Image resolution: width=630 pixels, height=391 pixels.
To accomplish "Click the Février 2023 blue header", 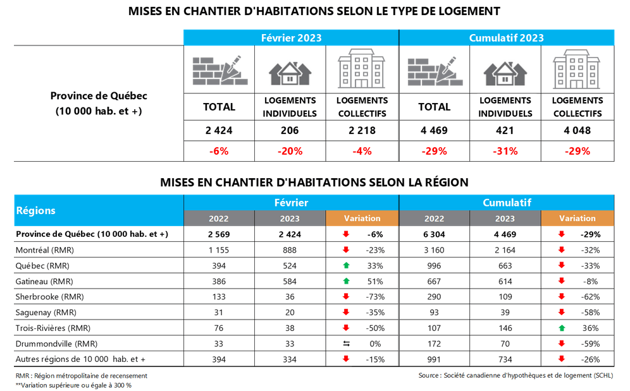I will click(291, 38).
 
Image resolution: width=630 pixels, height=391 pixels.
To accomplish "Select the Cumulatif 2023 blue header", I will click(506, 38).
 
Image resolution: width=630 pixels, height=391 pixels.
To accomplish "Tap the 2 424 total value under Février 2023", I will click(219, 131).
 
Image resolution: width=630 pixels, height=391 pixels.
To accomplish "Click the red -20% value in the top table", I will click(290, 151).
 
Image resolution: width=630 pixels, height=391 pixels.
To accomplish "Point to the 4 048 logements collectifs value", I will click(577, 131).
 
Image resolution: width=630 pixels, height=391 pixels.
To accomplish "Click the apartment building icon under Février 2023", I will click(362, 71).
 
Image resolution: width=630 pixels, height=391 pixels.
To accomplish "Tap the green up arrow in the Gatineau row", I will click(346, 281).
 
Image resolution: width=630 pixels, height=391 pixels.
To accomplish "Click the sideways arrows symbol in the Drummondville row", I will click(346, 344).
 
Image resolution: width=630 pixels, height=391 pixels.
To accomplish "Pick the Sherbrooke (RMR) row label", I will click(49, 297).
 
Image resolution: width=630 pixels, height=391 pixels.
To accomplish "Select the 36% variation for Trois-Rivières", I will click(591, 328).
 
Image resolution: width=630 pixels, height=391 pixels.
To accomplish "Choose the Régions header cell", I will click(35, 210).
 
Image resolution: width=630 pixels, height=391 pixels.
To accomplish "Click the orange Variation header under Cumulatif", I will click(577, 218).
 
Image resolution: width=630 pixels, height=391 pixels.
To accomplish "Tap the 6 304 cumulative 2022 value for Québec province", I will click(434, 234).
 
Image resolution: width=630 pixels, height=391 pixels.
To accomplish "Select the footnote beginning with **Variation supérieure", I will click(73, 385).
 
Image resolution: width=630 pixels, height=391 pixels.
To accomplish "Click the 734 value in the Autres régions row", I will click(505, 359).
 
